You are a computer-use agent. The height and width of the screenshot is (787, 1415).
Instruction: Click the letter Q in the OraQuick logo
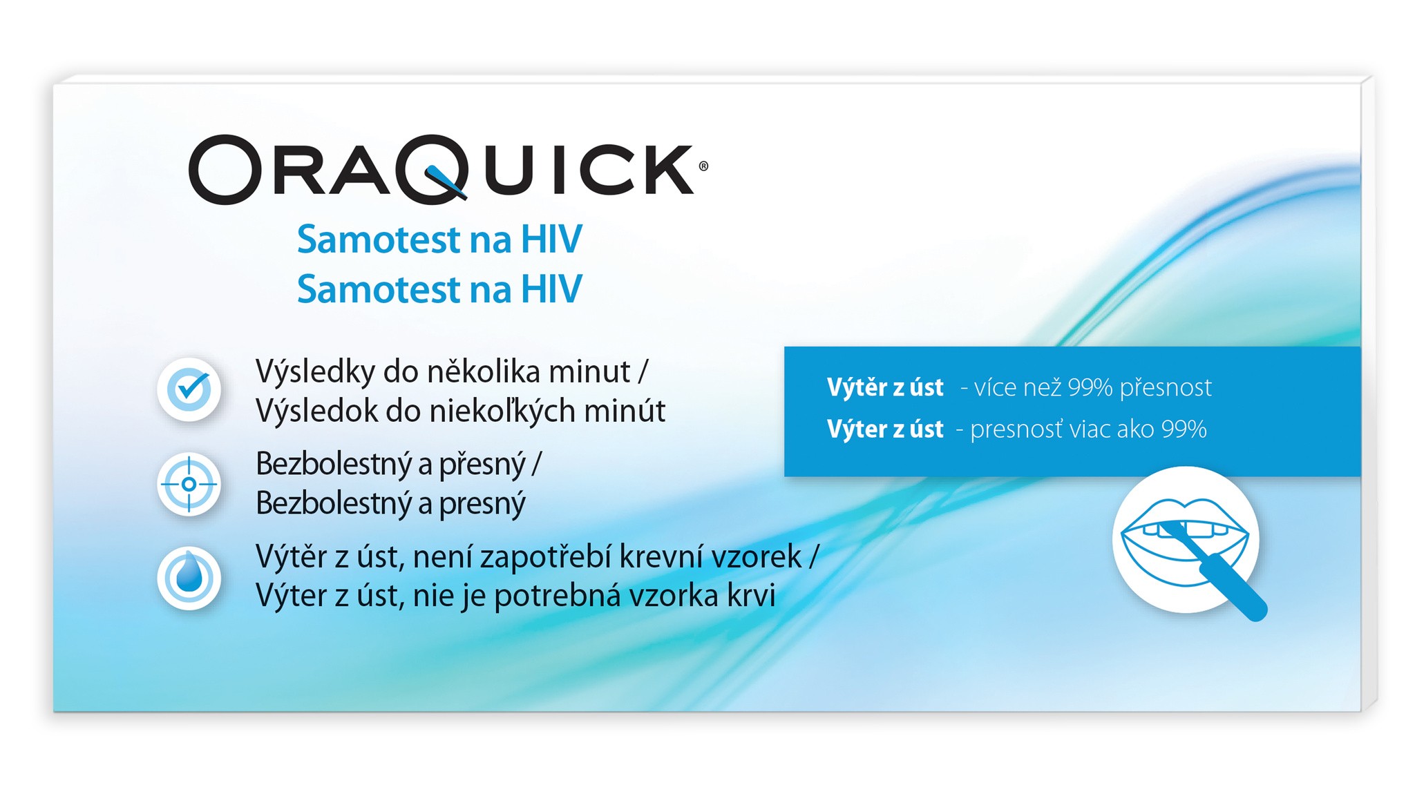[x=435, y=169]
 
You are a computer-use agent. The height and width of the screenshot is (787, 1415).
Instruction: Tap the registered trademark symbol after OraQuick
[x=703, y=166]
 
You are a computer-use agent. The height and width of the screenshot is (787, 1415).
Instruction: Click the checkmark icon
[x=189, y=389]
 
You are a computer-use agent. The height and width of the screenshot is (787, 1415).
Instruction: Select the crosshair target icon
[x=189, y=484]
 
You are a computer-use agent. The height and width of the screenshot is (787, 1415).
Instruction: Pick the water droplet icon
[x=189, y=578]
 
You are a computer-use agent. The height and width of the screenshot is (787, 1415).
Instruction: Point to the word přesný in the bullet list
[x=483, y=465]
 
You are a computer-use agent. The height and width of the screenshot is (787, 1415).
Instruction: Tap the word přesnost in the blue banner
[x=1166, y=388]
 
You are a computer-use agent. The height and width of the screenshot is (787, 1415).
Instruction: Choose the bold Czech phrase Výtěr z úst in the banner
[x=885, y=387]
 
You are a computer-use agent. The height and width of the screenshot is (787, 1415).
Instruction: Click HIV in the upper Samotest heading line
[x=551, y=240]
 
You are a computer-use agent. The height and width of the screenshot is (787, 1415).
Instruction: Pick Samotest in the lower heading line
[x=379, y=289]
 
